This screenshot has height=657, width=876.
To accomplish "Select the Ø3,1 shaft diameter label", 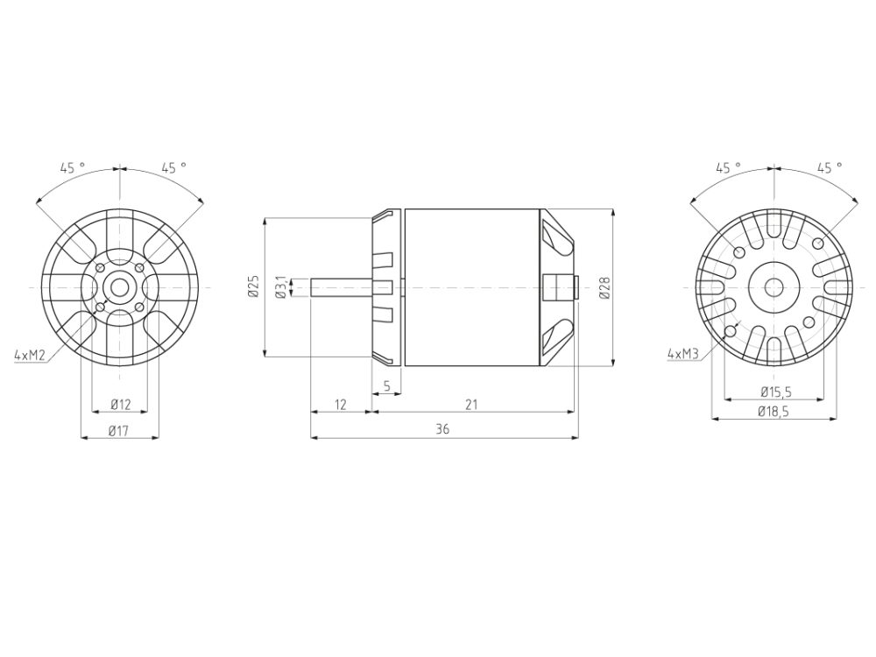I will coord(280,286).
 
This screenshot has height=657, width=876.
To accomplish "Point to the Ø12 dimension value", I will coord(121,404).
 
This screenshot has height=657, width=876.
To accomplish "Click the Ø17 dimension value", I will coord(120,430).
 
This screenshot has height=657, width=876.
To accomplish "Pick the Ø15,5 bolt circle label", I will coord(775,391).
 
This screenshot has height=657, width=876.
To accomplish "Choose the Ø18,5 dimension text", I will coord(775,413).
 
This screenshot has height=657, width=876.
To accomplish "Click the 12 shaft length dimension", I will coord(341,404).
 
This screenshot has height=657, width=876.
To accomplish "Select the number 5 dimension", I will coord(386,385).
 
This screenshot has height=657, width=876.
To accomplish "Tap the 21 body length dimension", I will coord(472,404).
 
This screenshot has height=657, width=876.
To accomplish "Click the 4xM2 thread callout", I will coord(30,355).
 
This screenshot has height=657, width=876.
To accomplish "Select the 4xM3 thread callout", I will coord(682,354).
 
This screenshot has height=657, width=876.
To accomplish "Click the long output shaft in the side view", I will coord(342,287).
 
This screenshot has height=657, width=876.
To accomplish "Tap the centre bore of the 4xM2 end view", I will coord(119,287).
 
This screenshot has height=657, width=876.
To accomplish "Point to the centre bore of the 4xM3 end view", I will coord(774,286).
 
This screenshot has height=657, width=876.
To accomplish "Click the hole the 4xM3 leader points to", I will coord(731,331).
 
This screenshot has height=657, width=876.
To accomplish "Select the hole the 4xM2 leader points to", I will coord(100,307).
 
